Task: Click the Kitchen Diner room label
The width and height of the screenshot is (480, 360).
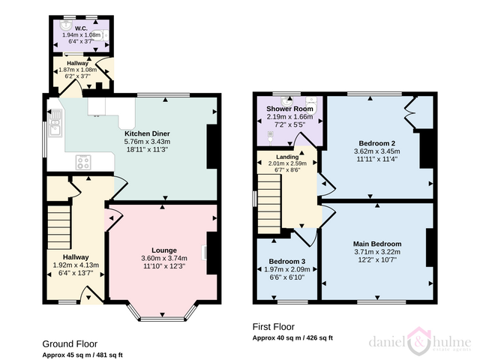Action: tap(147, 133)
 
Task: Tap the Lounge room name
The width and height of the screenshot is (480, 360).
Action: tap(164, 250)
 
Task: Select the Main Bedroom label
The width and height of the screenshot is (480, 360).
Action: tap(377, 244)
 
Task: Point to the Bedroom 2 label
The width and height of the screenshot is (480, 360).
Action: tap(376, 143)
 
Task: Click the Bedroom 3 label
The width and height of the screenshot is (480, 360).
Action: tap(286, 262)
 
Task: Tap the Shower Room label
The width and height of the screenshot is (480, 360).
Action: tap(289, 109)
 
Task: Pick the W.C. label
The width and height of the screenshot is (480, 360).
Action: tap(81, 28)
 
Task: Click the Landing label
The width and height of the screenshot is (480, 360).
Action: tap(287, 157)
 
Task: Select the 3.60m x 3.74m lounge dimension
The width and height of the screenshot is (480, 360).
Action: tap(164, 258)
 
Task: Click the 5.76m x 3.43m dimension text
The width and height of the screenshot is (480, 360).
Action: tap(147, 142)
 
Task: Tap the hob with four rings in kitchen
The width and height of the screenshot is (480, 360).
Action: tap(83, 162)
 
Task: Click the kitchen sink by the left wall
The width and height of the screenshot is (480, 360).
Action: tap(55, 123)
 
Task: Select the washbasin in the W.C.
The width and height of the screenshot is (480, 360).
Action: tap(65, 24)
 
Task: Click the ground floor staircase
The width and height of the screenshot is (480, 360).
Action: tap(60, 226)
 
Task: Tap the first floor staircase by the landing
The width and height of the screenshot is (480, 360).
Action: tap(269, 204)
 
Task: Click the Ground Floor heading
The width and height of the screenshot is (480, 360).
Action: tap(70, 344)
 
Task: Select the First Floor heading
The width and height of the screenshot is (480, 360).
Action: tap(273, 327)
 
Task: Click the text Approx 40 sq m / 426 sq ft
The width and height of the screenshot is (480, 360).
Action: tap(292, 338)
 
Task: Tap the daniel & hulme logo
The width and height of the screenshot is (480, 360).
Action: tap(420, 341)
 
